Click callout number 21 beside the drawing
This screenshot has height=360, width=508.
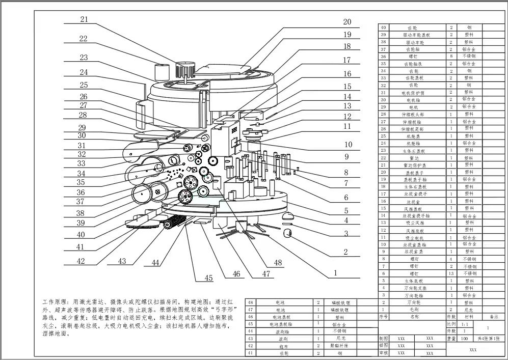tap(84, 19)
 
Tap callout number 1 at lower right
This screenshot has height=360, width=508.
tap(335, 273)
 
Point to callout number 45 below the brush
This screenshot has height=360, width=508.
tap(208, 278)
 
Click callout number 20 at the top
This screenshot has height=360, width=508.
tap(347, 22)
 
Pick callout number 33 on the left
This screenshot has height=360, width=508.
tap(82, 163)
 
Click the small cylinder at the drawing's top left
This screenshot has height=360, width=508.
tap(162, 71)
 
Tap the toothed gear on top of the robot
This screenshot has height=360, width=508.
tap(185, 69)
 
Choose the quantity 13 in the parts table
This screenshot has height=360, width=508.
tap(451, 273)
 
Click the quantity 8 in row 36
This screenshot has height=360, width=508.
tap(451, 57)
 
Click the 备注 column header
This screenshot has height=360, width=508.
tap(492, 316)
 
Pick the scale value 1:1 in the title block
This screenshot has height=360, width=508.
tap(451, 323)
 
